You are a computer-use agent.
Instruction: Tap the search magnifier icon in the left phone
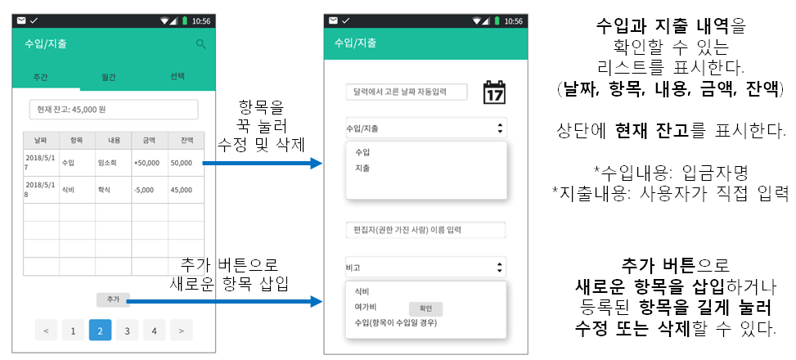click(200, 44)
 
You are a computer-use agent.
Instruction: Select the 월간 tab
click(108, 77)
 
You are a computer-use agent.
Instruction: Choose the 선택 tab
click(177, 76)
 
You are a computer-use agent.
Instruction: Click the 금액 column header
click(149, 141)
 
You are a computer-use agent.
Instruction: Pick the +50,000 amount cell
click(149, 163)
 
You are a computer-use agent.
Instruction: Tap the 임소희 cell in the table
click(113, 163)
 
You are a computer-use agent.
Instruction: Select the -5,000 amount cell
click(149, 191)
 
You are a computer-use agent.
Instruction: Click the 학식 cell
click(113, 191)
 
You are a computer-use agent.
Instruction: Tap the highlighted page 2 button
click(100, 331)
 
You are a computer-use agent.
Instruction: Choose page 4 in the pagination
click(153, 331)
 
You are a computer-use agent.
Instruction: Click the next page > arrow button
click(180, 331)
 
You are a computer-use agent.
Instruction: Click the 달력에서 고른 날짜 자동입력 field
click(405, 92)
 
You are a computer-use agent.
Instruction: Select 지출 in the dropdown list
click(362, 168)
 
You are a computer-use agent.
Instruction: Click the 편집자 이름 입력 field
click(425, 230)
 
